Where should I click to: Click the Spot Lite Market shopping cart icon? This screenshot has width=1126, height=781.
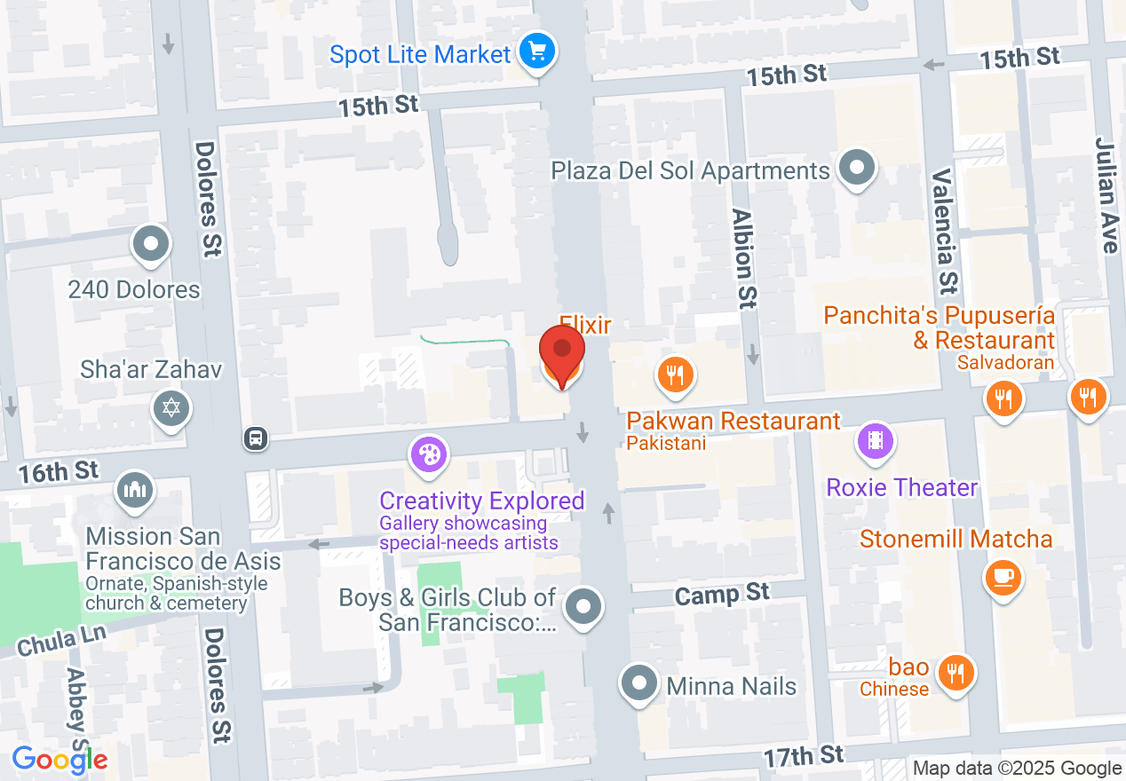pyautogui.click(x=536, y=51)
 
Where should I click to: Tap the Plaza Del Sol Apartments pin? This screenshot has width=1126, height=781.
pyautogui.click(x=857, y=167)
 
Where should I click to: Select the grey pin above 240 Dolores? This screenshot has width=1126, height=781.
pyautogui.click(x=150, y=244)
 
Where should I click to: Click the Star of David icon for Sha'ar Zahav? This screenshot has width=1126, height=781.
pyautogui.click(x=170, y=408)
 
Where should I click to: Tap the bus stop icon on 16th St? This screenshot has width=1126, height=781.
pyautogui.click(x=256, y=438)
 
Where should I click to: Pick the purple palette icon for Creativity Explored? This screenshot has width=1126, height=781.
pyautogui.click(x=429, y=454)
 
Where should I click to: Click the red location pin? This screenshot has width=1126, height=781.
pyautogui.click(x=562, y=352)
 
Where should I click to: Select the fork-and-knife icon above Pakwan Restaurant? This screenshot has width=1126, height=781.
pyautogui.click(x=675, y=374)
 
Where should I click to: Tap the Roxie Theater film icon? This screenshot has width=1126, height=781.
pyautogui.click(x=876, y=440)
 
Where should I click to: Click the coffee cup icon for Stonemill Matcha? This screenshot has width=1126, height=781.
pyautogui.click(x=1003, y=578)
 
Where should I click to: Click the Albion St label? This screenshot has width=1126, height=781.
pyautogui.click(x=743, y=258)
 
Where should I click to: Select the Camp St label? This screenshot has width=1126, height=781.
pyautogui.click(x=721, y=594)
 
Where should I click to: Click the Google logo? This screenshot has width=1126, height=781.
pyautogui.click(x=59, y=760)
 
